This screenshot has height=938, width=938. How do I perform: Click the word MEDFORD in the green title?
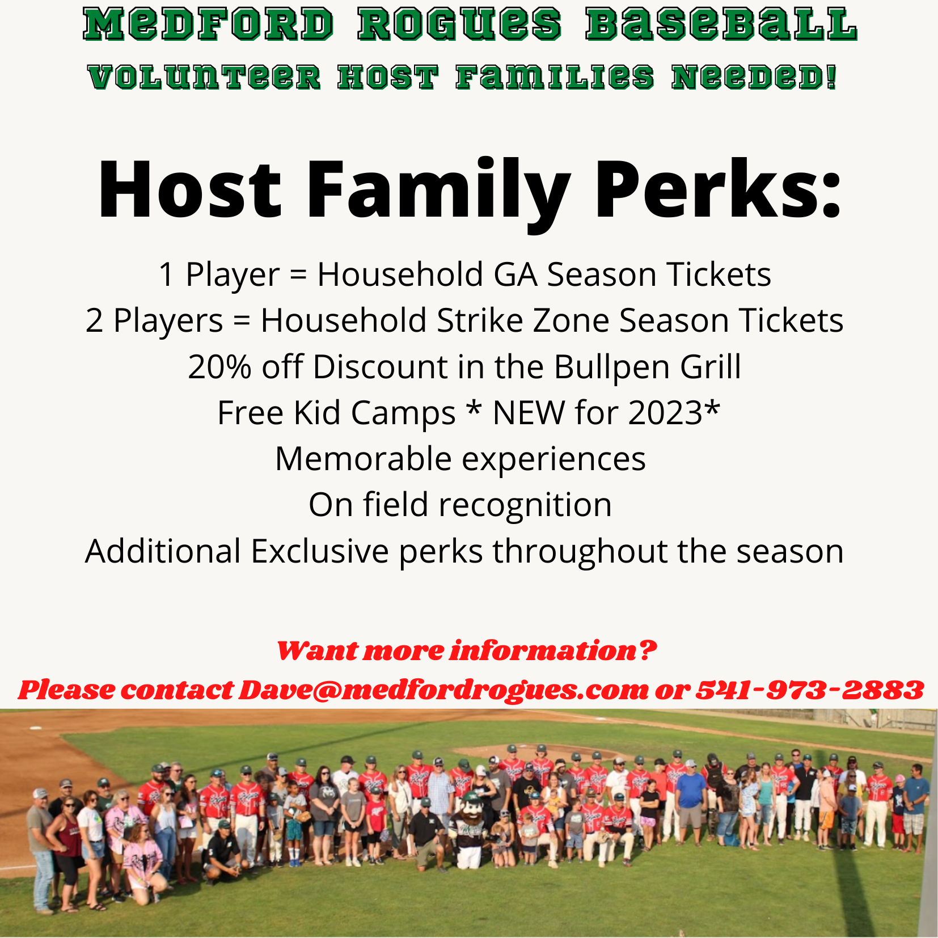click(208, 25)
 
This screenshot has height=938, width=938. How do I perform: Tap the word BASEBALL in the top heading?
click(721, 25)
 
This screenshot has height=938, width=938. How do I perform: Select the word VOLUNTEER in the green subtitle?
click(205, 77)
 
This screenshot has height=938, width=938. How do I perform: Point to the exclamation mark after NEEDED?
click(831, 77)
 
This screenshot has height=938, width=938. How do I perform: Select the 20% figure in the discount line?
click(219, 367)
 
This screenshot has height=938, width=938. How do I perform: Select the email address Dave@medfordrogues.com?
click(444, 690)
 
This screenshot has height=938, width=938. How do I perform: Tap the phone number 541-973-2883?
click(810, 690)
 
